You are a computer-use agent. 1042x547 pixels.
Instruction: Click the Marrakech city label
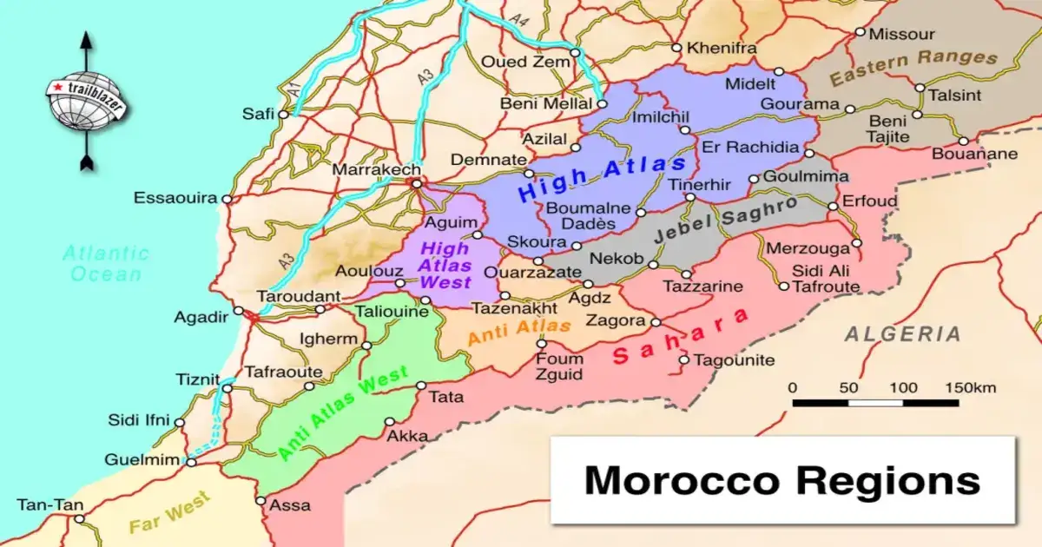tap(377, 169)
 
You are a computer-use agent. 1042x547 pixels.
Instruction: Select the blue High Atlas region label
tap(601, 178)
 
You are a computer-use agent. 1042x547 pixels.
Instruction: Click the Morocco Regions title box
tap(782, 480)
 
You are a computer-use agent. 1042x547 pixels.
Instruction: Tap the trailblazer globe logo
tap(85, 101)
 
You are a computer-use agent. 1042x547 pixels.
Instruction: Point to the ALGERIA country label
tap(903, 333)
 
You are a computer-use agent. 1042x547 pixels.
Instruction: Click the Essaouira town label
tap(175, 199)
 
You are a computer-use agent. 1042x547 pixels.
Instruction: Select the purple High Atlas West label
tap(445, 265)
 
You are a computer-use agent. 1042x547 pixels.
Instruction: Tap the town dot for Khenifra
tap(676, 47)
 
